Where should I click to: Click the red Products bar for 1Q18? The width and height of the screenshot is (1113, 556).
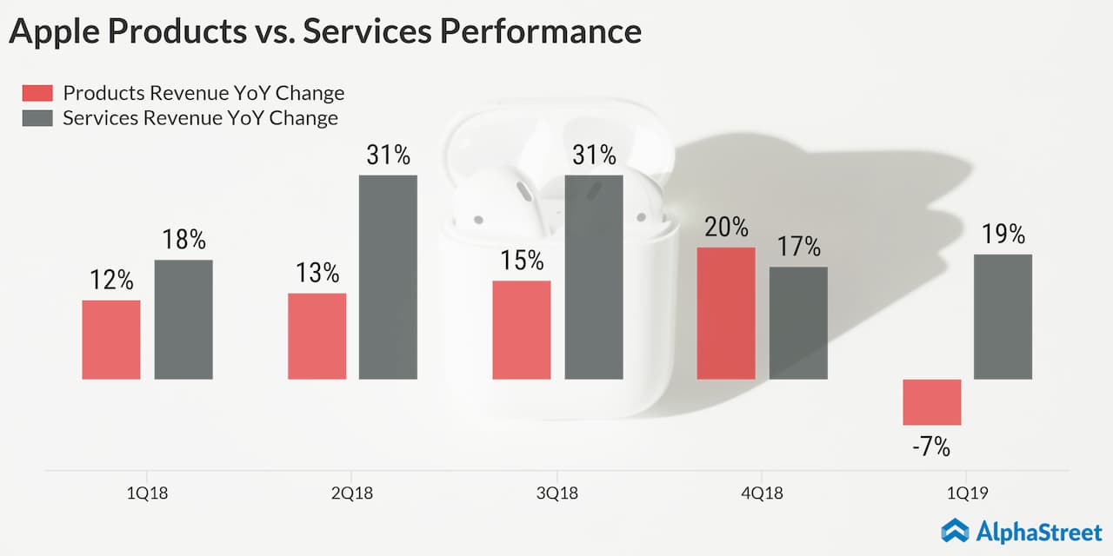click(x=111, y=340)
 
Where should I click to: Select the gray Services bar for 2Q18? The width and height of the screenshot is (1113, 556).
click(x=388, y=277)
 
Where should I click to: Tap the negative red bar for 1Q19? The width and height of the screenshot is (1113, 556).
click(x=931, y=401)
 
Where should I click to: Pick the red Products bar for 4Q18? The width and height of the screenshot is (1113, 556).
click(x=726, y=313)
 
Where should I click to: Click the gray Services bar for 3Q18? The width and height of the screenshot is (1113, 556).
click(x=594, y=277)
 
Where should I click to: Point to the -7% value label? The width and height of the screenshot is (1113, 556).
click(x=931, y=448)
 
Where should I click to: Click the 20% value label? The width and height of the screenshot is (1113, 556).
click(x=726, y=228)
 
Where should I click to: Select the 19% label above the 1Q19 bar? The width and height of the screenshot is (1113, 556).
click(x=1003, y=235)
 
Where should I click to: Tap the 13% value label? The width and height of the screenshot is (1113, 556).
click(x=317, y=274)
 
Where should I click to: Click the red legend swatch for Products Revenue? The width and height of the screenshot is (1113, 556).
click(x=37, y=94)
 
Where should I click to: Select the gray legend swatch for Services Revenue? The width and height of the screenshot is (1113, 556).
click(x=37, y=118)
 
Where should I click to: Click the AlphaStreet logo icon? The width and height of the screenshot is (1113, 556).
click(x=956, y=530)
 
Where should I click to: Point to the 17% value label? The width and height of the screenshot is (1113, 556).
click(x=798, y=247)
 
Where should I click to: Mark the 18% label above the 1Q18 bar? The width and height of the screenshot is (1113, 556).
click(x=183, y=241)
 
